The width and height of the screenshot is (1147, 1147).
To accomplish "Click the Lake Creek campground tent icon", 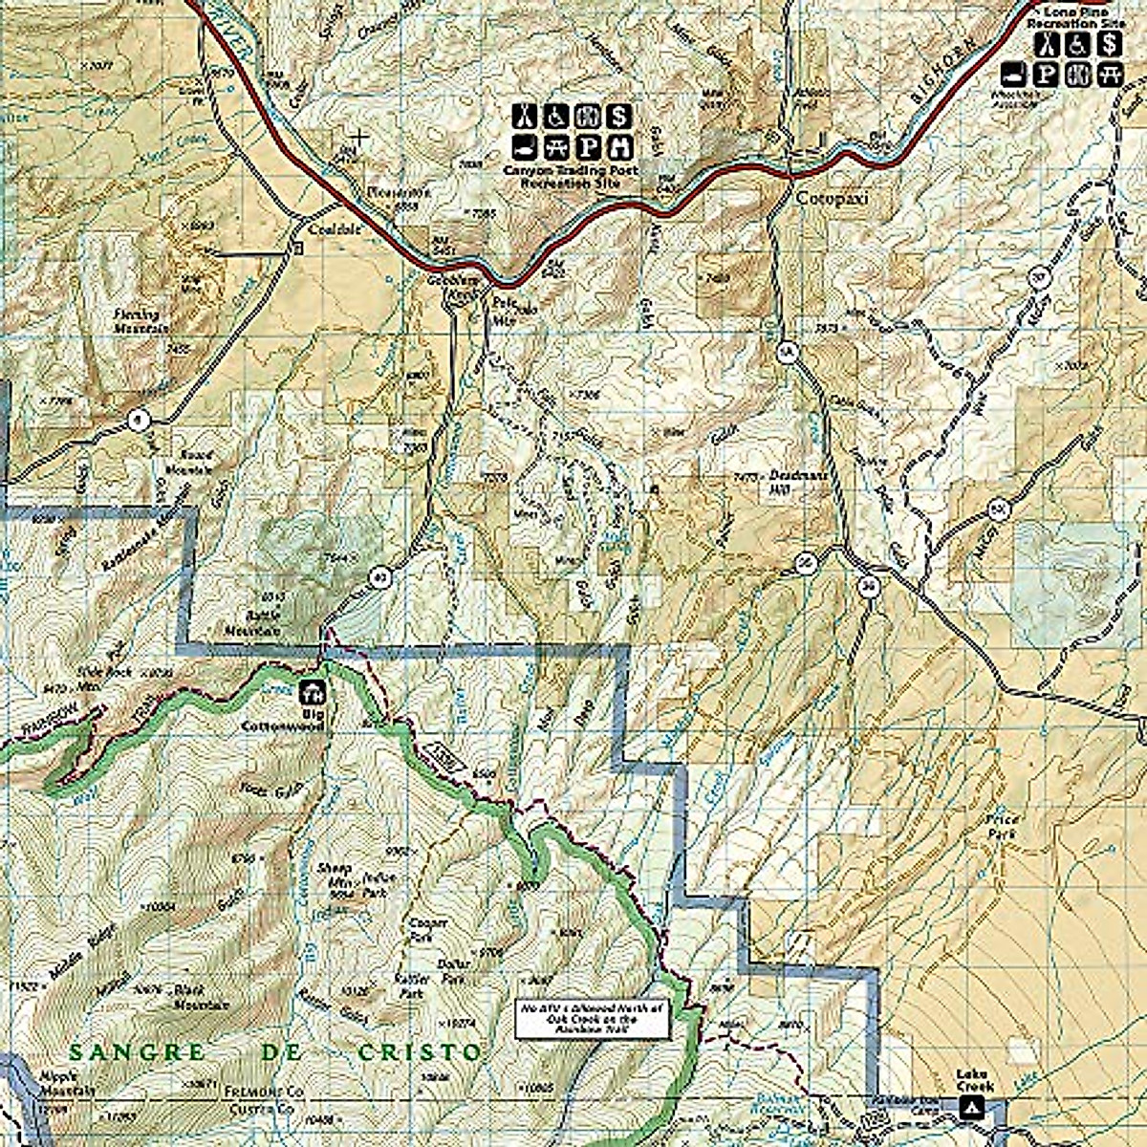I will tap(973, 1108).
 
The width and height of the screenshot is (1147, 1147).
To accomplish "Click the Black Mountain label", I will tap(202, 998).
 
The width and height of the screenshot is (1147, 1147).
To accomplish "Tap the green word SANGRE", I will tap(137, 1052).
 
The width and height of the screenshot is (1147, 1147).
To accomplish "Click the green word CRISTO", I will tap(420, 1052).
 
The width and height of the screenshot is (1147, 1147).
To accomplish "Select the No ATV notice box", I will tap(594, 1020).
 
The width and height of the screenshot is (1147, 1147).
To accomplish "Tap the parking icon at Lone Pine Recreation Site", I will tap(1050, 74).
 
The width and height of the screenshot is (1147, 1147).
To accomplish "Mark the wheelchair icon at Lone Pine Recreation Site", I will tap(1079, 43).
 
